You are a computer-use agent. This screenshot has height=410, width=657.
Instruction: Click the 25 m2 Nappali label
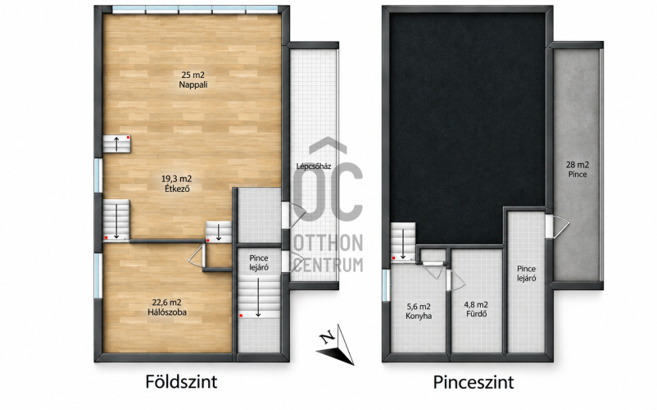point(193,80)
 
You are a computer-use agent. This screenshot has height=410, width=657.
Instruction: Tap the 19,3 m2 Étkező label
point(177,184)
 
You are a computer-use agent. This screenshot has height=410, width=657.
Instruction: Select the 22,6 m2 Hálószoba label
point(167,307)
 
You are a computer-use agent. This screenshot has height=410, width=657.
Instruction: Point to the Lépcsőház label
point(314,166)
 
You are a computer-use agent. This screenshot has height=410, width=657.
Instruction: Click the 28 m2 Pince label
point(578,170)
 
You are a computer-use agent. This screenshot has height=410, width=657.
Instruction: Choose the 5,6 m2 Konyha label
point(418,311)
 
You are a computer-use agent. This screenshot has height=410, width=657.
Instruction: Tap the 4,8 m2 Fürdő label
point(476,309)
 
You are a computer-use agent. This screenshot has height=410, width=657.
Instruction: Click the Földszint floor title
point(181,382)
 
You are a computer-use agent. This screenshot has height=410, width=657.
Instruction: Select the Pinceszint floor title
point(473,382)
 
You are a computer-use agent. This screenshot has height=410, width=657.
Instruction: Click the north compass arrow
point(335,344)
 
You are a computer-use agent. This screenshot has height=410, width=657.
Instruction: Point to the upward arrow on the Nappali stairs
point(117,143)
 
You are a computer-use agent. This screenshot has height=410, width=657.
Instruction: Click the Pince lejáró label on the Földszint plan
point(259,263)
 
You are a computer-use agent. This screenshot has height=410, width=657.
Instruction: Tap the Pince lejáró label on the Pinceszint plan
point(526,273)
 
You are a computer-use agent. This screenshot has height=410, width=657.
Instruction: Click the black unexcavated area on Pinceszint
point(468,125)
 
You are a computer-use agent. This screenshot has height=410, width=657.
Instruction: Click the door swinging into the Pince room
point(557,226)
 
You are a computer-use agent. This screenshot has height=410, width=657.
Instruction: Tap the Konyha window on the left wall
point(385,285)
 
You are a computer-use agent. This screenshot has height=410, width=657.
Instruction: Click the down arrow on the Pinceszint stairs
point(403,244)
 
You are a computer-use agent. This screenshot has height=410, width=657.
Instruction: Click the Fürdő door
point(455,280)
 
